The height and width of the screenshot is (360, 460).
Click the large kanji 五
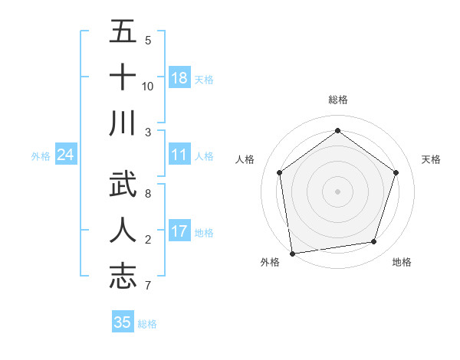pyautogui.click(x=123, y=32)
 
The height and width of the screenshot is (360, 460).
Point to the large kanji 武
pyautogui.click(x=123, y=184)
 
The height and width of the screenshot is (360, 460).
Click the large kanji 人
pyautogui.click(x=123, y=229)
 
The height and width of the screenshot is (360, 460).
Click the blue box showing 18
pyautogui.click(x=179, y=77)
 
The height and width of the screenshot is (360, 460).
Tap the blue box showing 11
pyautogui.click(x=179, y=155)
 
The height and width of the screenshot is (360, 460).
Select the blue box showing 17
pyautogui.click(x=179, y=231)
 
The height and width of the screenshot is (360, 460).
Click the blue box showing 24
pyautogui.click(x=66, y=155)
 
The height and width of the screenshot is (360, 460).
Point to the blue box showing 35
pyautogui.click(x=123, y=322)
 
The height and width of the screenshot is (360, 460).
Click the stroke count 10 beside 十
pyautogui.click(x=148, y=86)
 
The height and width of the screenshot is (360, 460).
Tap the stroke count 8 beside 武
pyautogui.click(x=148, y=193)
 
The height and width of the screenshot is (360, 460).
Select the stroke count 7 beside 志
pyautogui.click(x=148, y=286)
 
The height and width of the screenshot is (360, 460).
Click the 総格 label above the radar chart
pyautogui.click(x=338, y=100)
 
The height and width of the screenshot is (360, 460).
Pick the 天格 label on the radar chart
pyautogui.click(x=432, y=159)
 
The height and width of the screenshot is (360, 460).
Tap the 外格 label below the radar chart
pyautogui.click(x=270, y=262)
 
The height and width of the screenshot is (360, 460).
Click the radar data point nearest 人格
pyautogui.click(x=280, y=172)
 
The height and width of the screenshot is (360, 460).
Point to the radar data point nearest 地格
pyautogui.click(x=374, y=241)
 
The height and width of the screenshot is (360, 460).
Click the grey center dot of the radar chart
pyautogui.click(x=338, y=191)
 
